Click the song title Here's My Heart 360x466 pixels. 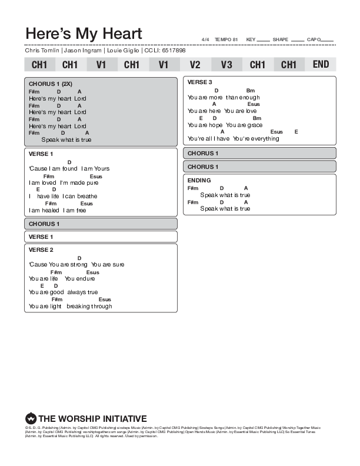[84, 33]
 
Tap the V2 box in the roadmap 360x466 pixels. [195, 64]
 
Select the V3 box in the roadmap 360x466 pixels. [226, 64]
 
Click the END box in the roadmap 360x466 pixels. [321, 64]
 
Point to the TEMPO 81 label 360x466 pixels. [226, 39]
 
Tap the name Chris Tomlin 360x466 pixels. [42, 51]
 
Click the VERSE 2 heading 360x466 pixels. [41, 249]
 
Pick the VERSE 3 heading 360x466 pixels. [200, 82]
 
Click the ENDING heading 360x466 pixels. [199, 180]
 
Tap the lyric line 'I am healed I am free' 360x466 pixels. [58, 210]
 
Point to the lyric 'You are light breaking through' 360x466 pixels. [70, 306]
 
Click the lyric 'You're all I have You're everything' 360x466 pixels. [233, 139]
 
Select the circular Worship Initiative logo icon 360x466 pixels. [31, 419]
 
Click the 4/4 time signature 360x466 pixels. [205, 39]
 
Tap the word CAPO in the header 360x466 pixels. [314, 39]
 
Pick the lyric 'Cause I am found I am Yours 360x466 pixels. [69, 169]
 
